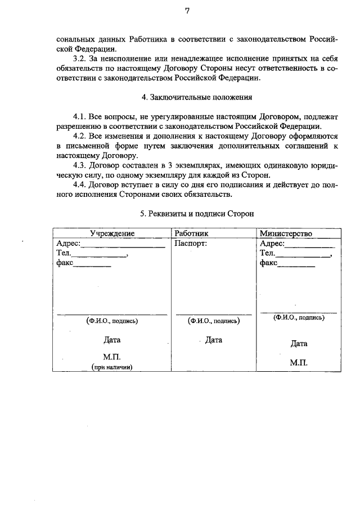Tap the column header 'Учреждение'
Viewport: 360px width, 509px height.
click(x=112, y=233)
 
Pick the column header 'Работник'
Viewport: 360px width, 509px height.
click(x=191, y=233)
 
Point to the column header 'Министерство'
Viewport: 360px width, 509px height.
click(x=286, y=233)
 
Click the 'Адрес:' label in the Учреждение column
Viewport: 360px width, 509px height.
click(x=69, y=244)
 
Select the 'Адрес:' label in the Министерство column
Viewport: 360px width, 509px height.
click(x=272, y=244)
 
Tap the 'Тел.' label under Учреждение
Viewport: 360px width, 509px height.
click(x=64, y=254)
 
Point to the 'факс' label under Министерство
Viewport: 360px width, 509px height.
click(x=269, y=263)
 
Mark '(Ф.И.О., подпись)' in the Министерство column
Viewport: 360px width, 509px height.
click(x=299, y=317)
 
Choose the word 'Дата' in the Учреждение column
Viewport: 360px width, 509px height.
click(x=112, y=340)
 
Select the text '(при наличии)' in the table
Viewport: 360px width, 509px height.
click(x=112, y=367)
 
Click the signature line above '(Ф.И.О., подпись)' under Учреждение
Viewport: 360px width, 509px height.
click(x=112, y=314)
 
